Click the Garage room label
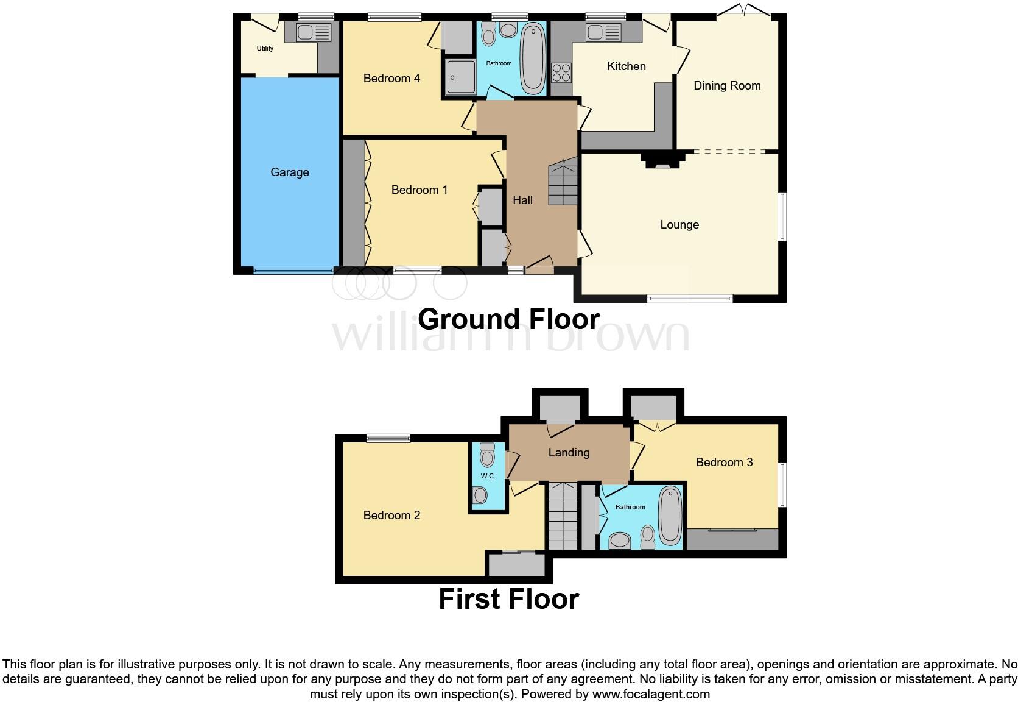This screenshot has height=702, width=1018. point(290,172)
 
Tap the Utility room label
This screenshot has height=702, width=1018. point(265,48)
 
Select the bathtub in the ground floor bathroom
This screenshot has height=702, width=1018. point(533,58)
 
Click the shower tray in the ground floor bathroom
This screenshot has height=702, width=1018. point(460,77)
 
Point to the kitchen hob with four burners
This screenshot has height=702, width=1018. point(561,73)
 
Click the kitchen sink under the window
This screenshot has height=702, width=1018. point(604,32)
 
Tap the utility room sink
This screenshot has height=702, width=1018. point(314,32)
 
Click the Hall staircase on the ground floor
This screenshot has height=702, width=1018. point(563,183)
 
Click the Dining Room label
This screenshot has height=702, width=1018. point(727,86)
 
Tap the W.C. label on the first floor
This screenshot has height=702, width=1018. point(488,476)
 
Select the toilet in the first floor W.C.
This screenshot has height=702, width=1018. point(488,456)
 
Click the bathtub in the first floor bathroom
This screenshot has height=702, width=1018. point(670,515)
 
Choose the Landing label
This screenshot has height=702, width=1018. point(569,453)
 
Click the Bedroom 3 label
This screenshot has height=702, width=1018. point(724,463)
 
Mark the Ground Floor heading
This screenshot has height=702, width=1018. point(508,319)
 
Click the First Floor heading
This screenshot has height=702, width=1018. point(508,599)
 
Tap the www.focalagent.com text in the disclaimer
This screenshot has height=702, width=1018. point(651,694)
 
